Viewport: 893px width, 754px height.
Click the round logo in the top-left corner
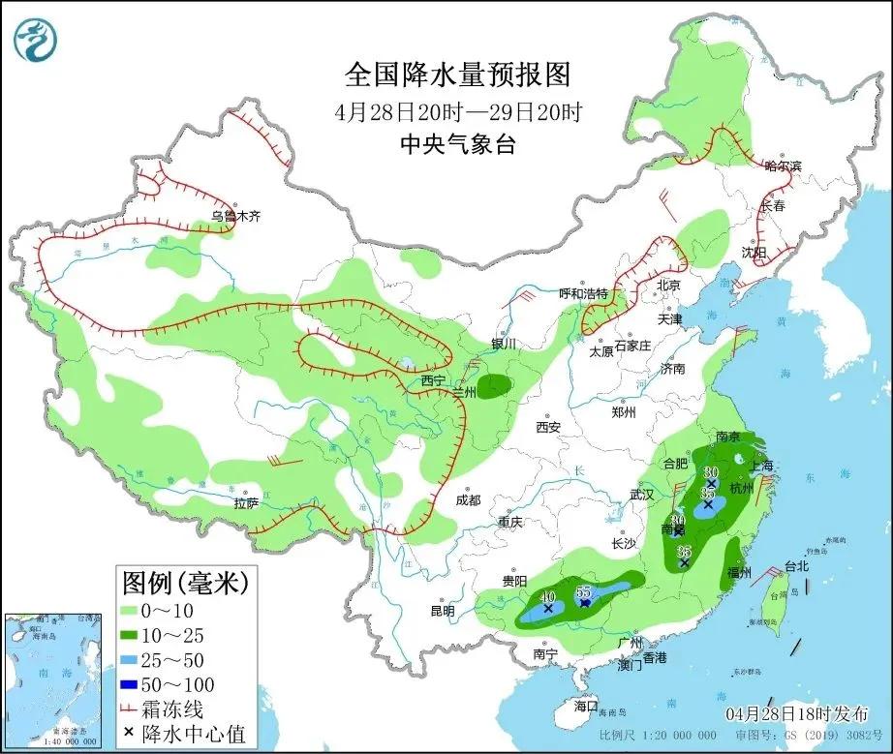pyautogui.click(x=36, y=38)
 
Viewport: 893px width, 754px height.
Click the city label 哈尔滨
pyautogui.click(x=783, y=166)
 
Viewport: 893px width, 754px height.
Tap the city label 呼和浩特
pyautogui.click(x=583, y=293)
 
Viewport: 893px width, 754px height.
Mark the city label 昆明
pyautogui.click(x=442, y=610)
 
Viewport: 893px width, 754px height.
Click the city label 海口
pyautogui.click(x=585, y=706)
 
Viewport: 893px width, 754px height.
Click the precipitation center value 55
pyautogui.click(x=583, y=591)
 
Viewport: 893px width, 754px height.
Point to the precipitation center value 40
pyautogui.click(x=548, y=597)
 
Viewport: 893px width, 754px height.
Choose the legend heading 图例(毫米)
pyautogui.click(x=184, y=583)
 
